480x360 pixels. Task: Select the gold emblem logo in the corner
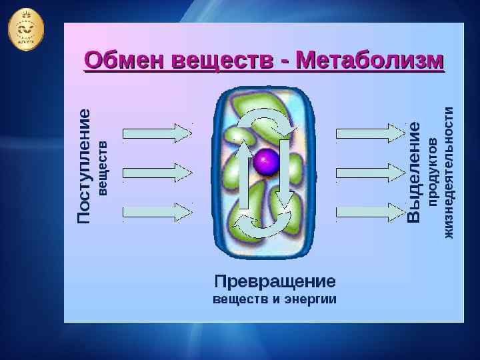point(27,29)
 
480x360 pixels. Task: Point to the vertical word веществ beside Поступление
point(102,167)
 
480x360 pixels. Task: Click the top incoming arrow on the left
point(159,132)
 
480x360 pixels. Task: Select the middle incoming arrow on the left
point(159,172)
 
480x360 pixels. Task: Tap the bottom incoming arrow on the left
point(159,213)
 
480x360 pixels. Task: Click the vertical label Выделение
point(415,172)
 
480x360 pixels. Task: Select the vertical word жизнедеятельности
point(449,172)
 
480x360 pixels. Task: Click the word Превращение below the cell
point(275,280)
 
